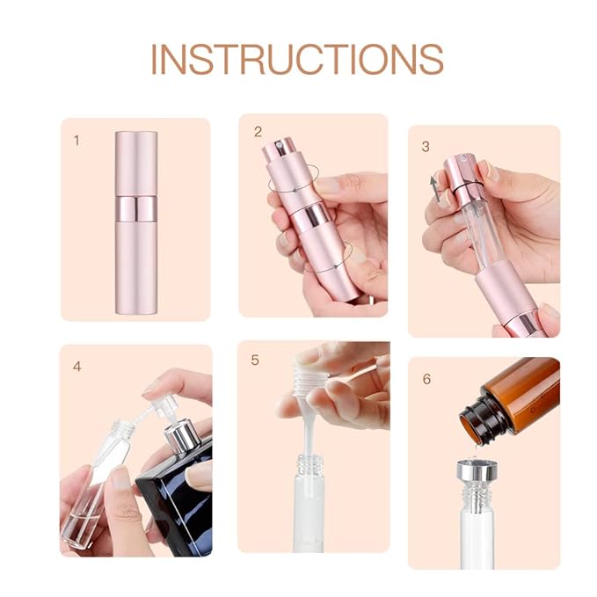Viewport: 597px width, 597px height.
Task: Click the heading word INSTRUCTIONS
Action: coord(297,58)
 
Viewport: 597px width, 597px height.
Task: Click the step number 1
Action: coord(76,139)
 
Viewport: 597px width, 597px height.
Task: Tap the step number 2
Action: coord(258,132)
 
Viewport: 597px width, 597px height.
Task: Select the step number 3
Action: coord(426,146)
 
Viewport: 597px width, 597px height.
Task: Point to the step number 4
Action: coord(77,366)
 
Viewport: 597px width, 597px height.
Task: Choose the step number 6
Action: coord(426,379)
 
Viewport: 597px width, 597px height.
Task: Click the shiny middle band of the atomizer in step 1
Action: coord(135,208)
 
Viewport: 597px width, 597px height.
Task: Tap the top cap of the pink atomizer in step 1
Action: coord(135,163)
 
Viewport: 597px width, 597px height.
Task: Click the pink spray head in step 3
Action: coord(461,181)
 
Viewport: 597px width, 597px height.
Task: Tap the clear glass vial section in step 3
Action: coord(475,229)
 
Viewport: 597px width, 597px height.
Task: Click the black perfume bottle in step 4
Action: coord(180,510)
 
